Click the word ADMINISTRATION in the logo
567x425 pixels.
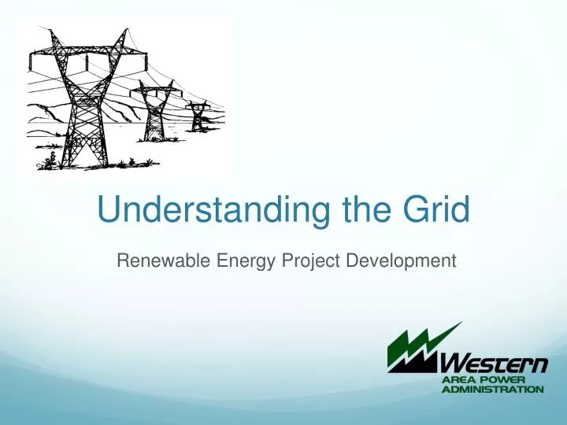pos(491,389)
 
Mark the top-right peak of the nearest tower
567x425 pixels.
pos(123,35)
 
